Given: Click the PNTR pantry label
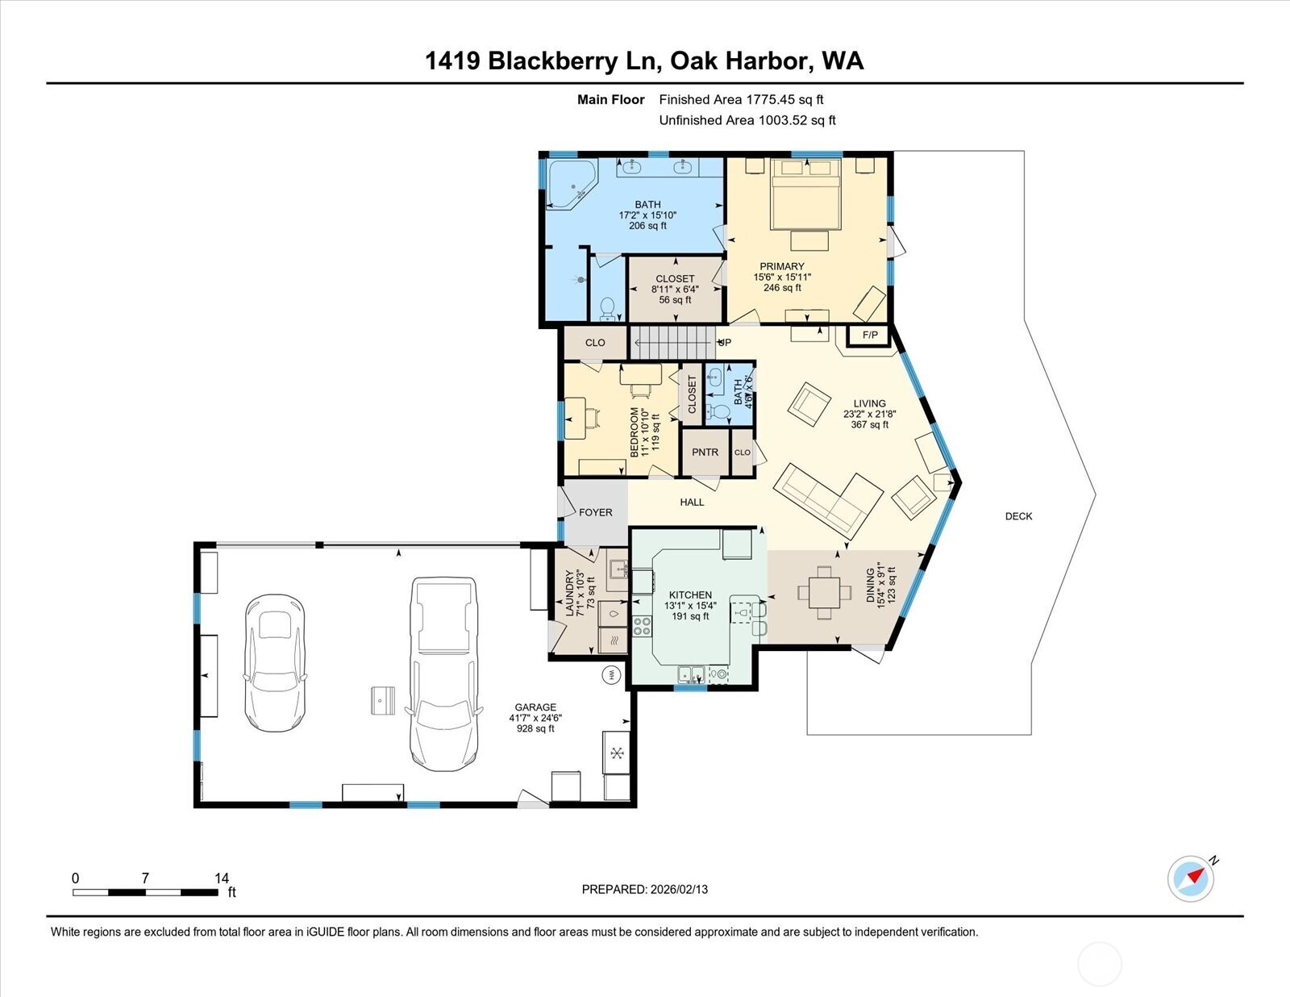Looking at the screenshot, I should point(705,453).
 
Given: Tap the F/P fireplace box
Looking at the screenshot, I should point(870,335).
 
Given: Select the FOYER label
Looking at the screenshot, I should point(595,512).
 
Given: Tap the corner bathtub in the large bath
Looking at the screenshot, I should point(571,185).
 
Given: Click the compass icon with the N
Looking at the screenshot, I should point(1191,878).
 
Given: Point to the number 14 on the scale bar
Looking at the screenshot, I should point(222,878).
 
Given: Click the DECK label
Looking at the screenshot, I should point(1018,516).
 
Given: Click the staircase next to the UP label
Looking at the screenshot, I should point(672,343).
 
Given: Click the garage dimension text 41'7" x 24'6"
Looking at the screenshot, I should point(535,718).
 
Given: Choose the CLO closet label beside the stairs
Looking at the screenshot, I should point(595,343).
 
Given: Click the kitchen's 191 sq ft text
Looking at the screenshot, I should point(690,616).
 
